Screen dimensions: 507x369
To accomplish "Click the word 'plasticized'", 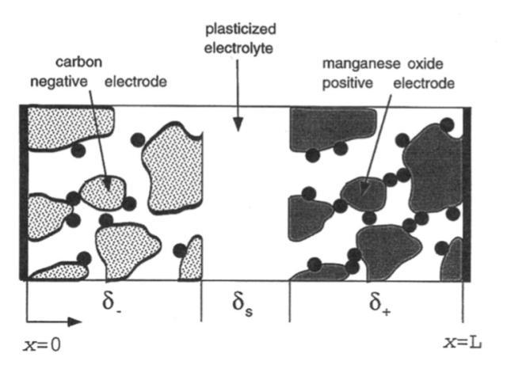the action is [241, 30].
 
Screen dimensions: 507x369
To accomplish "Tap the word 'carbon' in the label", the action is [79, 62].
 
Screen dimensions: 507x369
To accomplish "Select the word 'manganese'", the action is [362, 64].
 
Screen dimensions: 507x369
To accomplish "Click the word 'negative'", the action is [59, 82].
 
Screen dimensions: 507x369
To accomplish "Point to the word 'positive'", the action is [348, 83].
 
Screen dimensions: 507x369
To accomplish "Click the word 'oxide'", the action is [425, 64].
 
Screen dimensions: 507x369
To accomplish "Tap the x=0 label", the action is [42, 345].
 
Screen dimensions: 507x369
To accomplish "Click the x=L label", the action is [463, 343].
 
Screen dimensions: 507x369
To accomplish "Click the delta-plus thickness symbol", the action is [379, 303].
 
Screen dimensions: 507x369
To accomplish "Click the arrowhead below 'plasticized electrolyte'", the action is [238, 124].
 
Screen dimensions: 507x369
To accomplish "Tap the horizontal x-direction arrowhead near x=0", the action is [74, 321].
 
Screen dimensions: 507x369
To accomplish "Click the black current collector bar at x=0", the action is [24, 192].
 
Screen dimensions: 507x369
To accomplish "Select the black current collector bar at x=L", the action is [467, 194].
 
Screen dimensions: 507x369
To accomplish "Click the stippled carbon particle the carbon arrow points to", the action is [103, 193].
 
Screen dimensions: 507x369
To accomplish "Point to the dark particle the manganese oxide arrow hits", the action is [364, 194].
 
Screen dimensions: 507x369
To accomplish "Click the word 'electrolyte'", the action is [239, 49].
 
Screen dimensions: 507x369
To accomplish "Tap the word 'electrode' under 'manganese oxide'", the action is [424, 83].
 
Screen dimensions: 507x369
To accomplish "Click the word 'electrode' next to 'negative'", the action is [135, 82].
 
